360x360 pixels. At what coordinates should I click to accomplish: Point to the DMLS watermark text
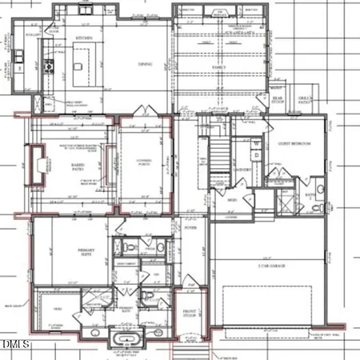[16, 345]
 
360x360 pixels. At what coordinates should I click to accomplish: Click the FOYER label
[191, 226]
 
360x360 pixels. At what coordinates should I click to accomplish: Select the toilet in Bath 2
[320, 206]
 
